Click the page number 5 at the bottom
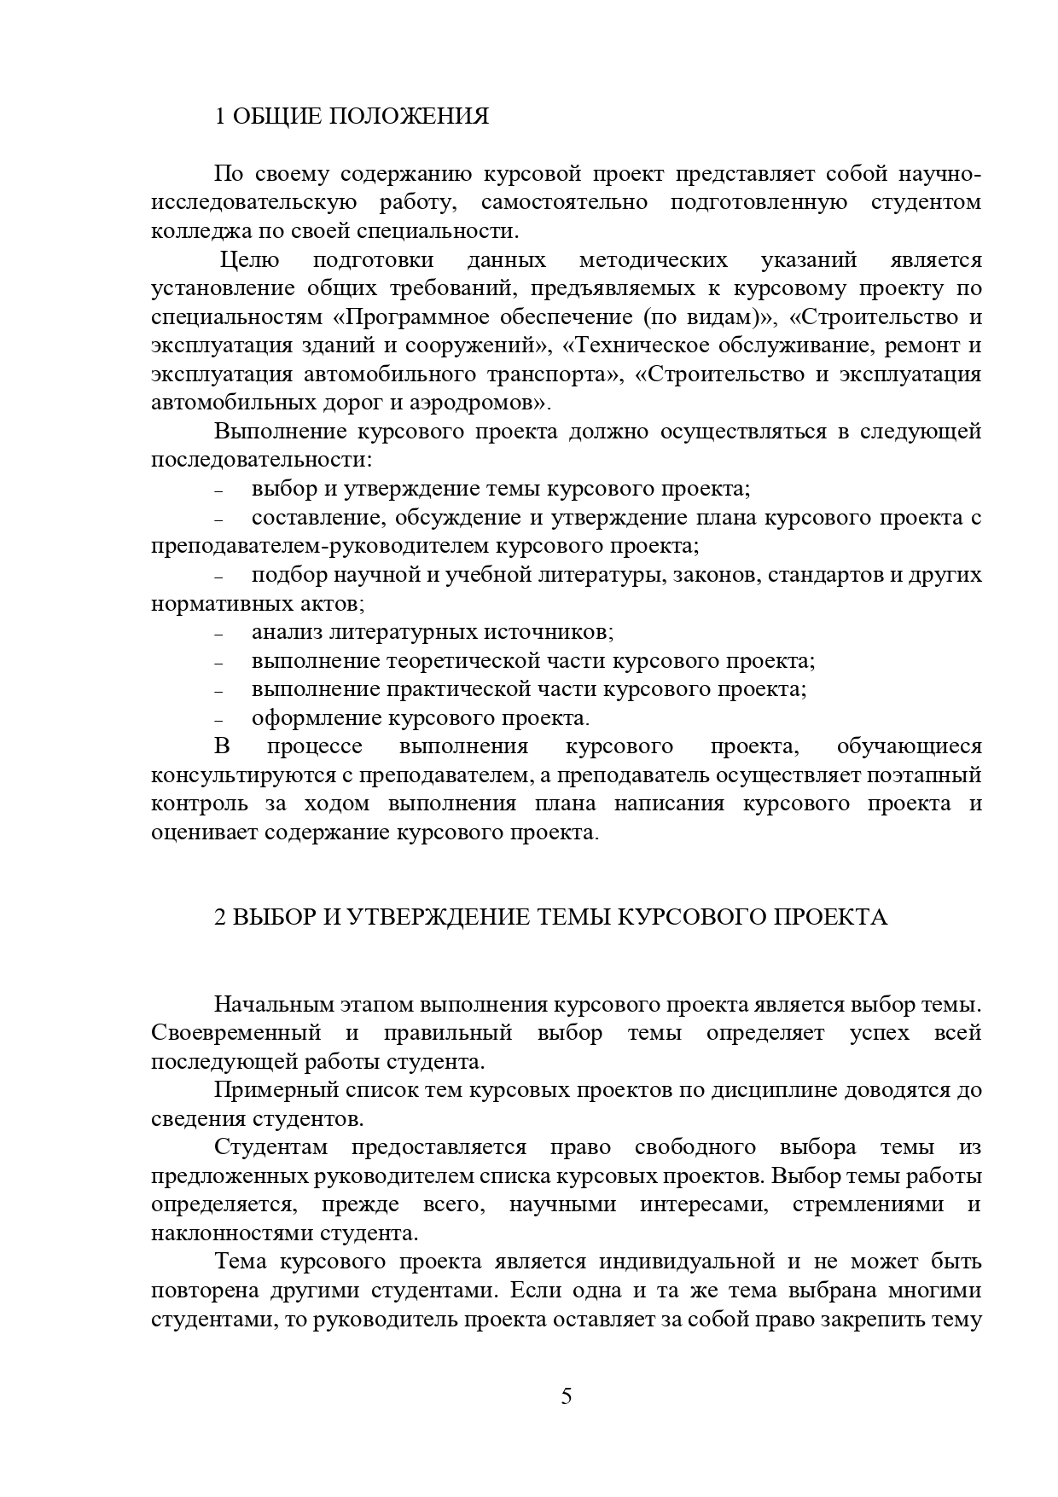tap(567, 1397)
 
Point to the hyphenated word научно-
tap(940, 174)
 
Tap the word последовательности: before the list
tap(262, 460)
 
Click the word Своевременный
tap(236, 1033)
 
